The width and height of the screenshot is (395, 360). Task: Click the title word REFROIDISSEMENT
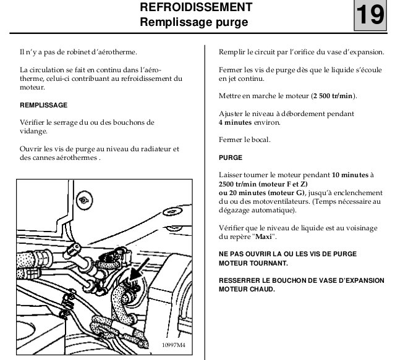click(196, 8)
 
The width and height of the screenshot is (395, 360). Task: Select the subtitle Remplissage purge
click(196, 23)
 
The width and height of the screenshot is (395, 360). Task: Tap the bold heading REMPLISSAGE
click(43, 106)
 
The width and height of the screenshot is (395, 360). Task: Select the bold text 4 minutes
click(239, 122)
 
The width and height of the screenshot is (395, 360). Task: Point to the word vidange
click(34, 132)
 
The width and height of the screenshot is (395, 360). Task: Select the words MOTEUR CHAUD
click(248, 290)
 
